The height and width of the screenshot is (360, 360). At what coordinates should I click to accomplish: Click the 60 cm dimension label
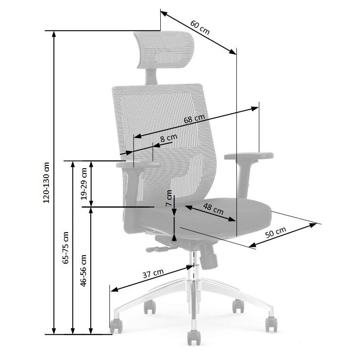pos(200,27)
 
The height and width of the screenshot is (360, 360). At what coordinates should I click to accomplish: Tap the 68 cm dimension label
pos(194,119)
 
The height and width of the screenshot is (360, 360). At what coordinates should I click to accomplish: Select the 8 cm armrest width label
pos(169,138)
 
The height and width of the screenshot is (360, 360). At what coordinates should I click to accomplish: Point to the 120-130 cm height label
pos(47,182)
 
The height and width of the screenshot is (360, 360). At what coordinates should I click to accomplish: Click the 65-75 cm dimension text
pos(65,248)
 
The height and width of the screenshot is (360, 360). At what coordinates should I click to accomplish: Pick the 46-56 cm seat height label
pos(83,270)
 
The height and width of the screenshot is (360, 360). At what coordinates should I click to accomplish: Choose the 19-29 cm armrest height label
pos(84,184)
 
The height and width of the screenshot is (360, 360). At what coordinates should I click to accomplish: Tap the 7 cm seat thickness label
pos(169,198)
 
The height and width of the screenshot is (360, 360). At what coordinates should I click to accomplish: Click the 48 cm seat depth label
pos(213,209)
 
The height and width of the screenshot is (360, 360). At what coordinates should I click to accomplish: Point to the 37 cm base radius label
pos(153,273)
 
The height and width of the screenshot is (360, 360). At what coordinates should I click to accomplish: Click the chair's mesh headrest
pos(164,50)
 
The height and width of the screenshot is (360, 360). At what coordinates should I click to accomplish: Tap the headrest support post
pos(151,77)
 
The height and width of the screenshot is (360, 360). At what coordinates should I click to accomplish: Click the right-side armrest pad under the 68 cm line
pos(249,156)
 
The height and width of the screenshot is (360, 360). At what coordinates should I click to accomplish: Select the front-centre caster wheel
pos(194,337)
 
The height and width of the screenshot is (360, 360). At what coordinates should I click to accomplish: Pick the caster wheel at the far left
pos(116,326)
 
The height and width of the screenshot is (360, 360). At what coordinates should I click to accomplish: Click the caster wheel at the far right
pos(271,324)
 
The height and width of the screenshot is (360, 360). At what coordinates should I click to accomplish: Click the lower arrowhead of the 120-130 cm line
pos(54,331)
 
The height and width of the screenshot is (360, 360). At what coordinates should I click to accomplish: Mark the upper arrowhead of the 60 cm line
pos(164,13)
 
